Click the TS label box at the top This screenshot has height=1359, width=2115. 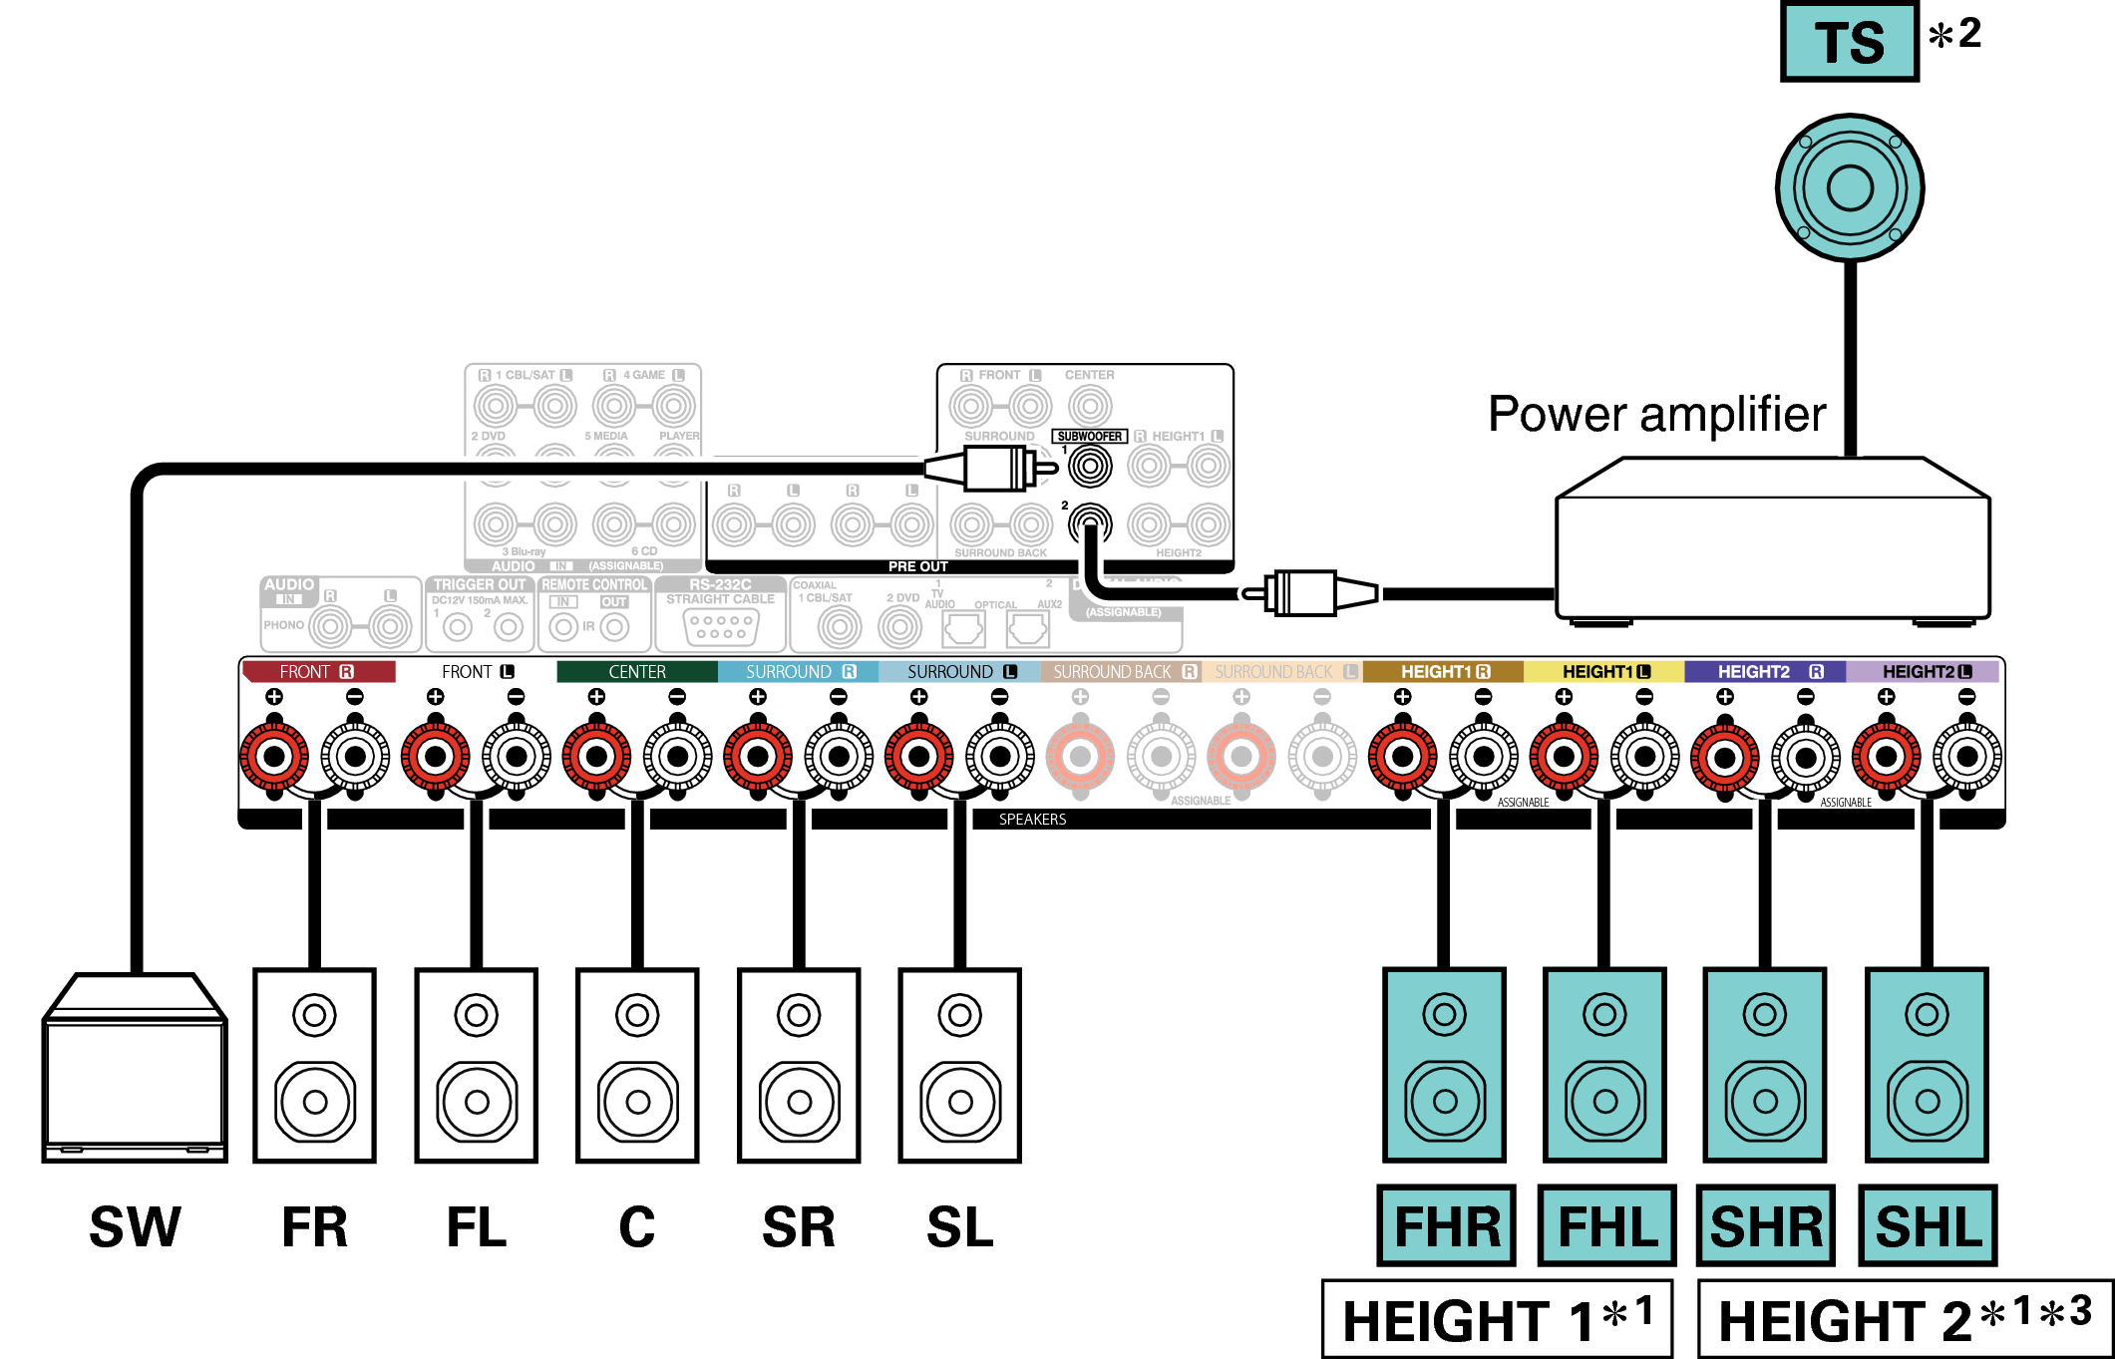pyautogui.click(x=1849, y=42)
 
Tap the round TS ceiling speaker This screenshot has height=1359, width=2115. pyautogui.click(x=1850, y=187)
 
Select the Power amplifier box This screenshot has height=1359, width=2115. pyautogui.click(x=1772, y=543)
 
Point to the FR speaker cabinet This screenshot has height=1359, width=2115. pyautogui.click(x=314, y=1065)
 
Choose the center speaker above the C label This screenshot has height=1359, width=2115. pyautogui.click(x=637, y=1065)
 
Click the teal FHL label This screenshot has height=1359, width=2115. pyautogui.click(x=1606, y=1225)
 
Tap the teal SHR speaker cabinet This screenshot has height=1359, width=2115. pyautogui.click(x=1765, y=1065)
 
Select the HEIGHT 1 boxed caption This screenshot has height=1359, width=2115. pyautogui.click(x=1497, y=1319)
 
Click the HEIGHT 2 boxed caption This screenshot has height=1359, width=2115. pyautogui.click(x=1905, y=1319)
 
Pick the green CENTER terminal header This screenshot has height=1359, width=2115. pyautogui.click(x=637, y=672)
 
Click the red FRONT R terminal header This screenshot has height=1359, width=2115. pyautogui.click(x=317, y=672)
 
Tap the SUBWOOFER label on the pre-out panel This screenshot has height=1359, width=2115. pyautogui.click(x=1089, y=436)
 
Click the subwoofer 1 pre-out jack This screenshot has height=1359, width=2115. pyautogui.click(x=1090, y=466)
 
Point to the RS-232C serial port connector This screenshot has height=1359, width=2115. pyautogui.click(x=721, y=626)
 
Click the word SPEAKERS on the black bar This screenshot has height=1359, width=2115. pyautogui.click(x=1032, y=820)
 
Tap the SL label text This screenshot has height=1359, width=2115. pyautogui.click(x=959, y=1226)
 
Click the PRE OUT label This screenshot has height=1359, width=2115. pyautogui.click(x=917, y=566)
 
